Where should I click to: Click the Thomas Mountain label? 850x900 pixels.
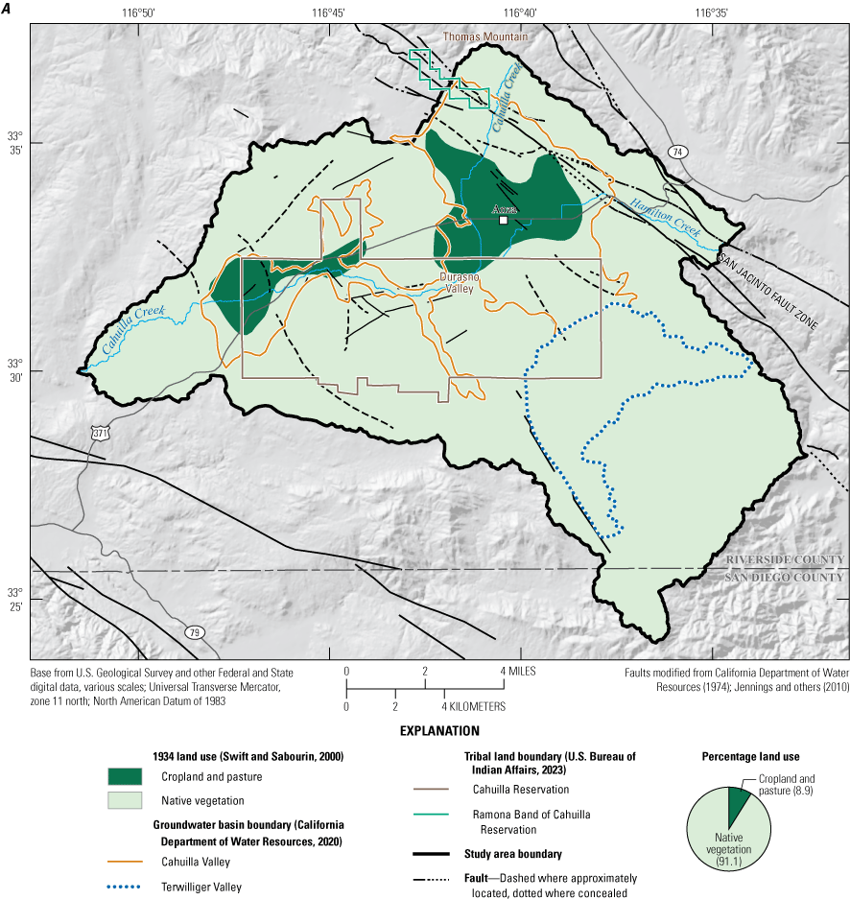(484, 36)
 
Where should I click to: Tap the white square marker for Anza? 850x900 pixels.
(503, 220)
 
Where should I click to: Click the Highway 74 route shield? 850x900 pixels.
(679, 153)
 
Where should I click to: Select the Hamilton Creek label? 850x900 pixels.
(665, 219)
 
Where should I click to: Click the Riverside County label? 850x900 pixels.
(784, 560)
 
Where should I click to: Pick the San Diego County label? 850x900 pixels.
(784, 577)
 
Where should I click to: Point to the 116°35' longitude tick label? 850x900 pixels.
(707, 12)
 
